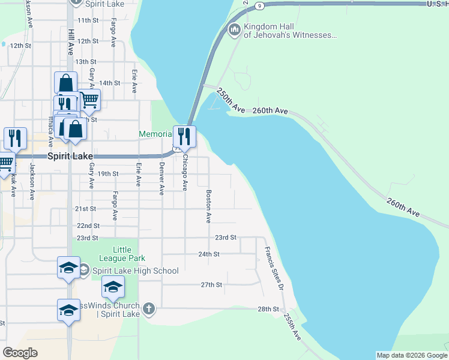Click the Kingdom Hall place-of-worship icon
234,29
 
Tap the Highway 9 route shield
258,5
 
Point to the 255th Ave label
292,327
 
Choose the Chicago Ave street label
185,173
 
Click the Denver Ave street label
161,179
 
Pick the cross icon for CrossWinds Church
149,309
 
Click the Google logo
20,353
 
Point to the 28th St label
268,309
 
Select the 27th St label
211,284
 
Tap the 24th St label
208,254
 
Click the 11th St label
88,20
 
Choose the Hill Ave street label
71,41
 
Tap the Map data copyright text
411,355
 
